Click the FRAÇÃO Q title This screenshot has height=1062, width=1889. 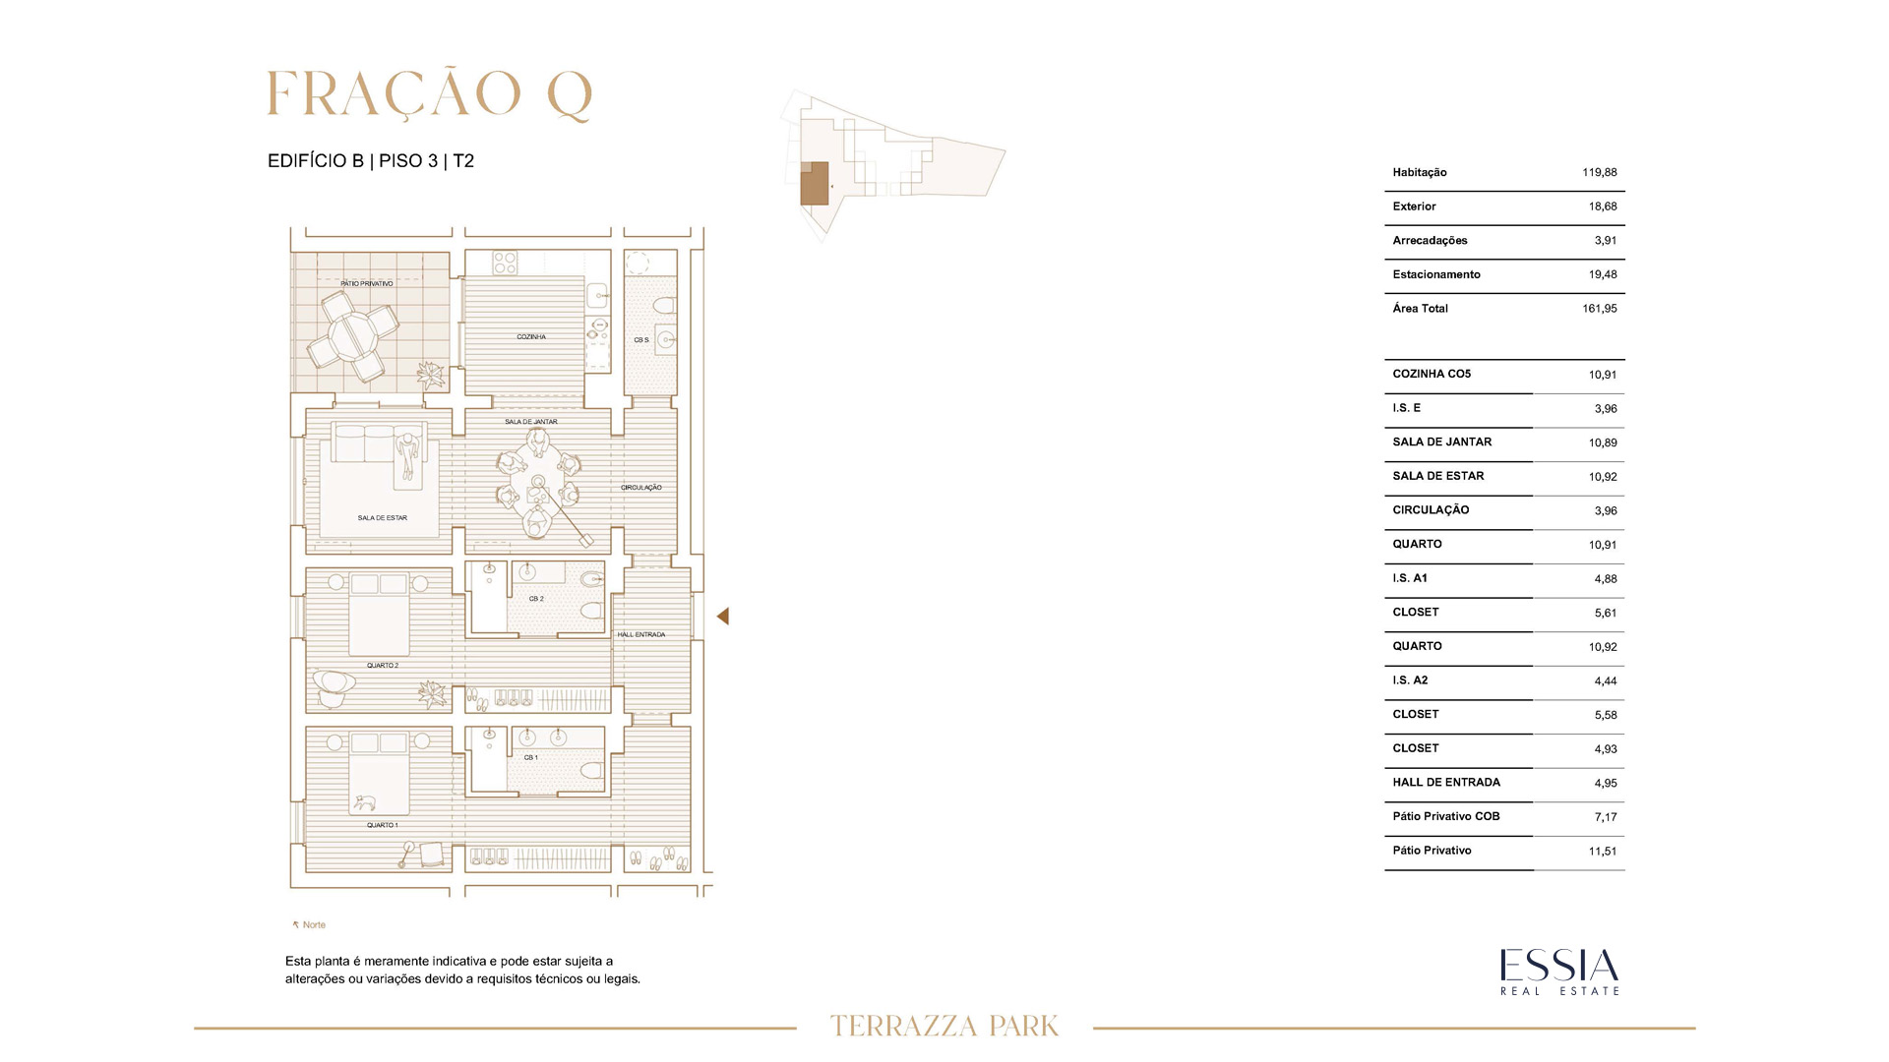[x=430, y=95]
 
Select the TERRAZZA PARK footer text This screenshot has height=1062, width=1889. [x=944, y=1027]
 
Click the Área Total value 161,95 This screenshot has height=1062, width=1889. [x=1600, y=309]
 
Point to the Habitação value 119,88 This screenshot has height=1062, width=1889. [x=1600, y=172]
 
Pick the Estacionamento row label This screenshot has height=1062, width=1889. [x=1436, y=274]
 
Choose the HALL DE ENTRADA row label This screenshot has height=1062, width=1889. [x=1446, y=783]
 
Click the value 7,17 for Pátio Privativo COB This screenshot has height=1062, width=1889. [x=1606, y=817]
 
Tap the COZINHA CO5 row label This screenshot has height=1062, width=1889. [x=1432, y=374]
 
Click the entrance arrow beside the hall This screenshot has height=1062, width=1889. [x=722, y=617]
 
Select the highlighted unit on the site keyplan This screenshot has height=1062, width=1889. [x=814, y=184]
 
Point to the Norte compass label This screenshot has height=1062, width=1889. [x=309, y=925]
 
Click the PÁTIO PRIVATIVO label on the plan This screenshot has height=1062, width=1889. [x=367, y=283]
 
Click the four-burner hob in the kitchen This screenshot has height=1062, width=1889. [x=505, y=263]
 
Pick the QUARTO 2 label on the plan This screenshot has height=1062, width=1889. [x=383, y=666]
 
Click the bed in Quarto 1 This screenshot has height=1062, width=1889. [x=380, y=773]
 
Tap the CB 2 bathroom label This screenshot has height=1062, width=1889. [x=536, y=599]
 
